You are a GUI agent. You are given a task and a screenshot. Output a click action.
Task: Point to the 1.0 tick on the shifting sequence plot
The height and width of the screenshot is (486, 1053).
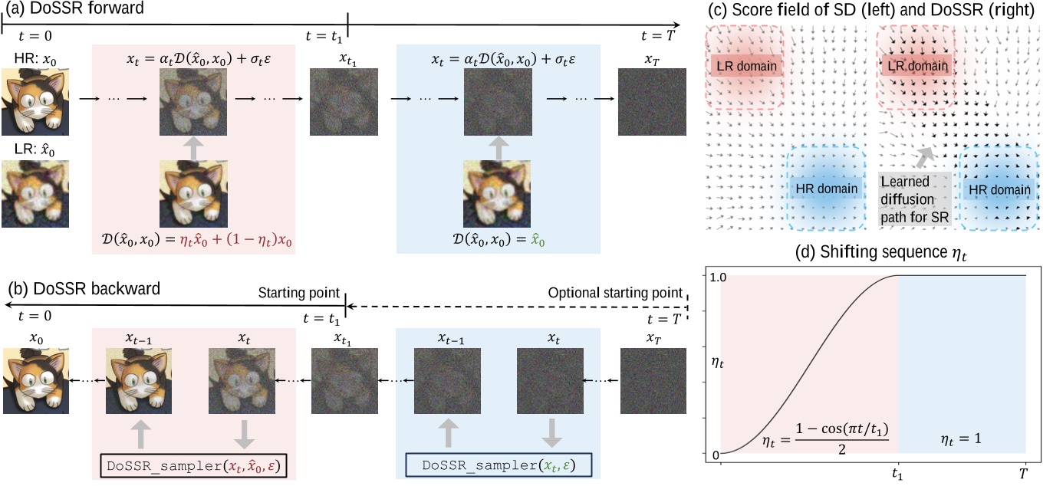click(712, 276)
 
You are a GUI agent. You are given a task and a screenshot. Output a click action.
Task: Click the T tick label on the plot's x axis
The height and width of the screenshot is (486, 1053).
click(1023, 475)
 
